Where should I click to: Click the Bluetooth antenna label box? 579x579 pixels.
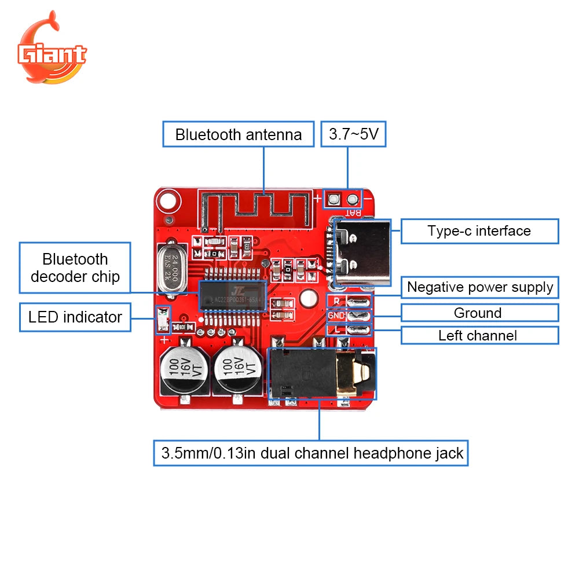point(239,134)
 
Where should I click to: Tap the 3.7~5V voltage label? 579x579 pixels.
point(353,134)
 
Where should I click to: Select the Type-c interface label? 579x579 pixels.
point(479,231)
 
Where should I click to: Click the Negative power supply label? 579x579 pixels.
point(480,287)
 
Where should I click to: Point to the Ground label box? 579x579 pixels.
point(479,313)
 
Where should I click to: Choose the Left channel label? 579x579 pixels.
point(479,335)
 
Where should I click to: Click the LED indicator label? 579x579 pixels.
point(75,317)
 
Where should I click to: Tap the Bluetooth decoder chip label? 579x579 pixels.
point(75,268)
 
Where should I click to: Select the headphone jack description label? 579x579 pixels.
point(312,453)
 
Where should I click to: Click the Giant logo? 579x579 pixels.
point(52,49)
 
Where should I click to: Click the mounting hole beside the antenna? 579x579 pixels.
point(167,201)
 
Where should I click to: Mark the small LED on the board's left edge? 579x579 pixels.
point(163,320)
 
